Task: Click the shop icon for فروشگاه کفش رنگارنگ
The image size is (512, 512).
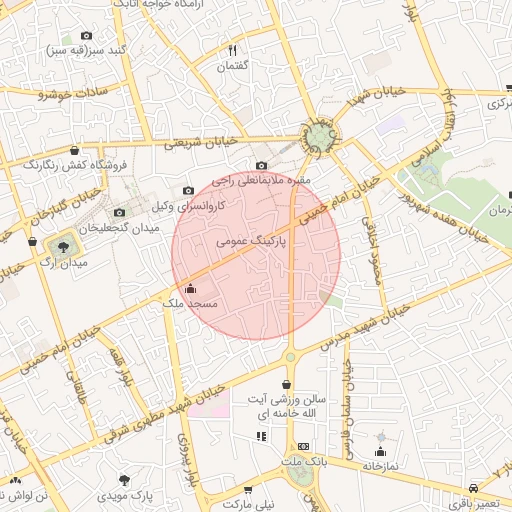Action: pyautogui.click(x=74, y=151)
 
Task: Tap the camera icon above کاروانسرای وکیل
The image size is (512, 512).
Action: pyautogui.click(x=188, y=191)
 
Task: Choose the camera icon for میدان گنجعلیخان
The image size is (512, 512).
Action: pyautogui.click(x=120, y=212)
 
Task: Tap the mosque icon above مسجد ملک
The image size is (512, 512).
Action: pyautogui.click(x=191, y=289)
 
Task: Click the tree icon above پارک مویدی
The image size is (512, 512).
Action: pyautogui.click(x=125, y=480)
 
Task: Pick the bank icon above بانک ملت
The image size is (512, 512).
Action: pyautogui.click(x=303, y=446)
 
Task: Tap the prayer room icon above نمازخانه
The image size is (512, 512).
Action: pyautogui.click(x=380, y=437)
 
